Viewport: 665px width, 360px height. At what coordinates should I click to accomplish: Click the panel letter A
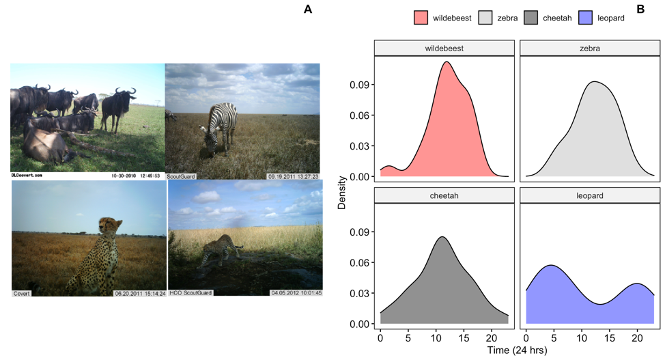308,9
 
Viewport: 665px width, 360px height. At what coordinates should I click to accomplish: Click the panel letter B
640,9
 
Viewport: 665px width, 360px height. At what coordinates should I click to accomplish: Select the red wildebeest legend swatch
421,18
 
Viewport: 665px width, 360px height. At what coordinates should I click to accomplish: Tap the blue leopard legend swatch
585,18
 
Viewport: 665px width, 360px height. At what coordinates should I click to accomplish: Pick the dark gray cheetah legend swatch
531,18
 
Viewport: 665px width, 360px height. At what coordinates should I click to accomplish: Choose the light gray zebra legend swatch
485,18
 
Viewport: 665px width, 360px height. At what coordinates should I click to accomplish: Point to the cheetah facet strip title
443,196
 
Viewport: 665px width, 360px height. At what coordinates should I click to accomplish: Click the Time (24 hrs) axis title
515,350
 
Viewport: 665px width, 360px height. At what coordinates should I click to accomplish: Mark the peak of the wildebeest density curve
447,62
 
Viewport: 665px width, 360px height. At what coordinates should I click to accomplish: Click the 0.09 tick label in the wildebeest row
360,85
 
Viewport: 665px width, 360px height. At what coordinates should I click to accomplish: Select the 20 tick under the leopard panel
637,337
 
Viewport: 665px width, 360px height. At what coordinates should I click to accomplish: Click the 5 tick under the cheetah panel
408,337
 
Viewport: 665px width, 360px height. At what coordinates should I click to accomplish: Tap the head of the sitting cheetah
109,225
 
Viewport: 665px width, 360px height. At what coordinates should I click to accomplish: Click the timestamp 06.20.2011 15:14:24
140,293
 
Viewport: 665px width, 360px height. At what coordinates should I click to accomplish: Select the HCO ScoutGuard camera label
190,293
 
